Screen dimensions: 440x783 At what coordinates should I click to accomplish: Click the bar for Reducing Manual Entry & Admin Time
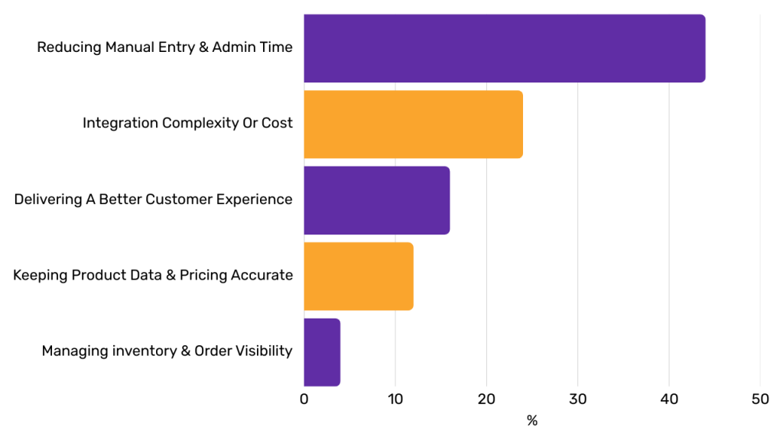(504, 48)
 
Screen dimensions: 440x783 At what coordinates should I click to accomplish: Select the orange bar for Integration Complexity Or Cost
(413, 125)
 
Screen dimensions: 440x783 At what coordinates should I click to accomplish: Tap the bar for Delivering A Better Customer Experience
(376, 200)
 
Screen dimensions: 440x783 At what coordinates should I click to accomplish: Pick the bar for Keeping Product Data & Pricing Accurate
(358, 277)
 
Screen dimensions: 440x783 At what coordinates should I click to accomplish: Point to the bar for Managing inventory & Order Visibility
(322, 352)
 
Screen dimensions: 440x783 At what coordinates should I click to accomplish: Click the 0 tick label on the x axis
(304, 399)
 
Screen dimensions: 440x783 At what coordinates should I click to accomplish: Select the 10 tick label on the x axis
(395, 399)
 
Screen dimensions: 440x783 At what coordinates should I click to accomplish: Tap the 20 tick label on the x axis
(486, 399)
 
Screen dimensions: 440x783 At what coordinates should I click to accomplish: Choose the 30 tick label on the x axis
(578, 399)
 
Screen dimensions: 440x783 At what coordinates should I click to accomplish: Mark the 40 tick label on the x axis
(669, 399)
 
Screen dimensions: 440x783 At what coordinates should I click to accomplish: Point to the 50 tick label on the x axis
(760, 399)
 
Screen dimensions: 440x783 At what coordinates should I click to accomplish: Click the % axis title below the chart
(532, 421)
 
